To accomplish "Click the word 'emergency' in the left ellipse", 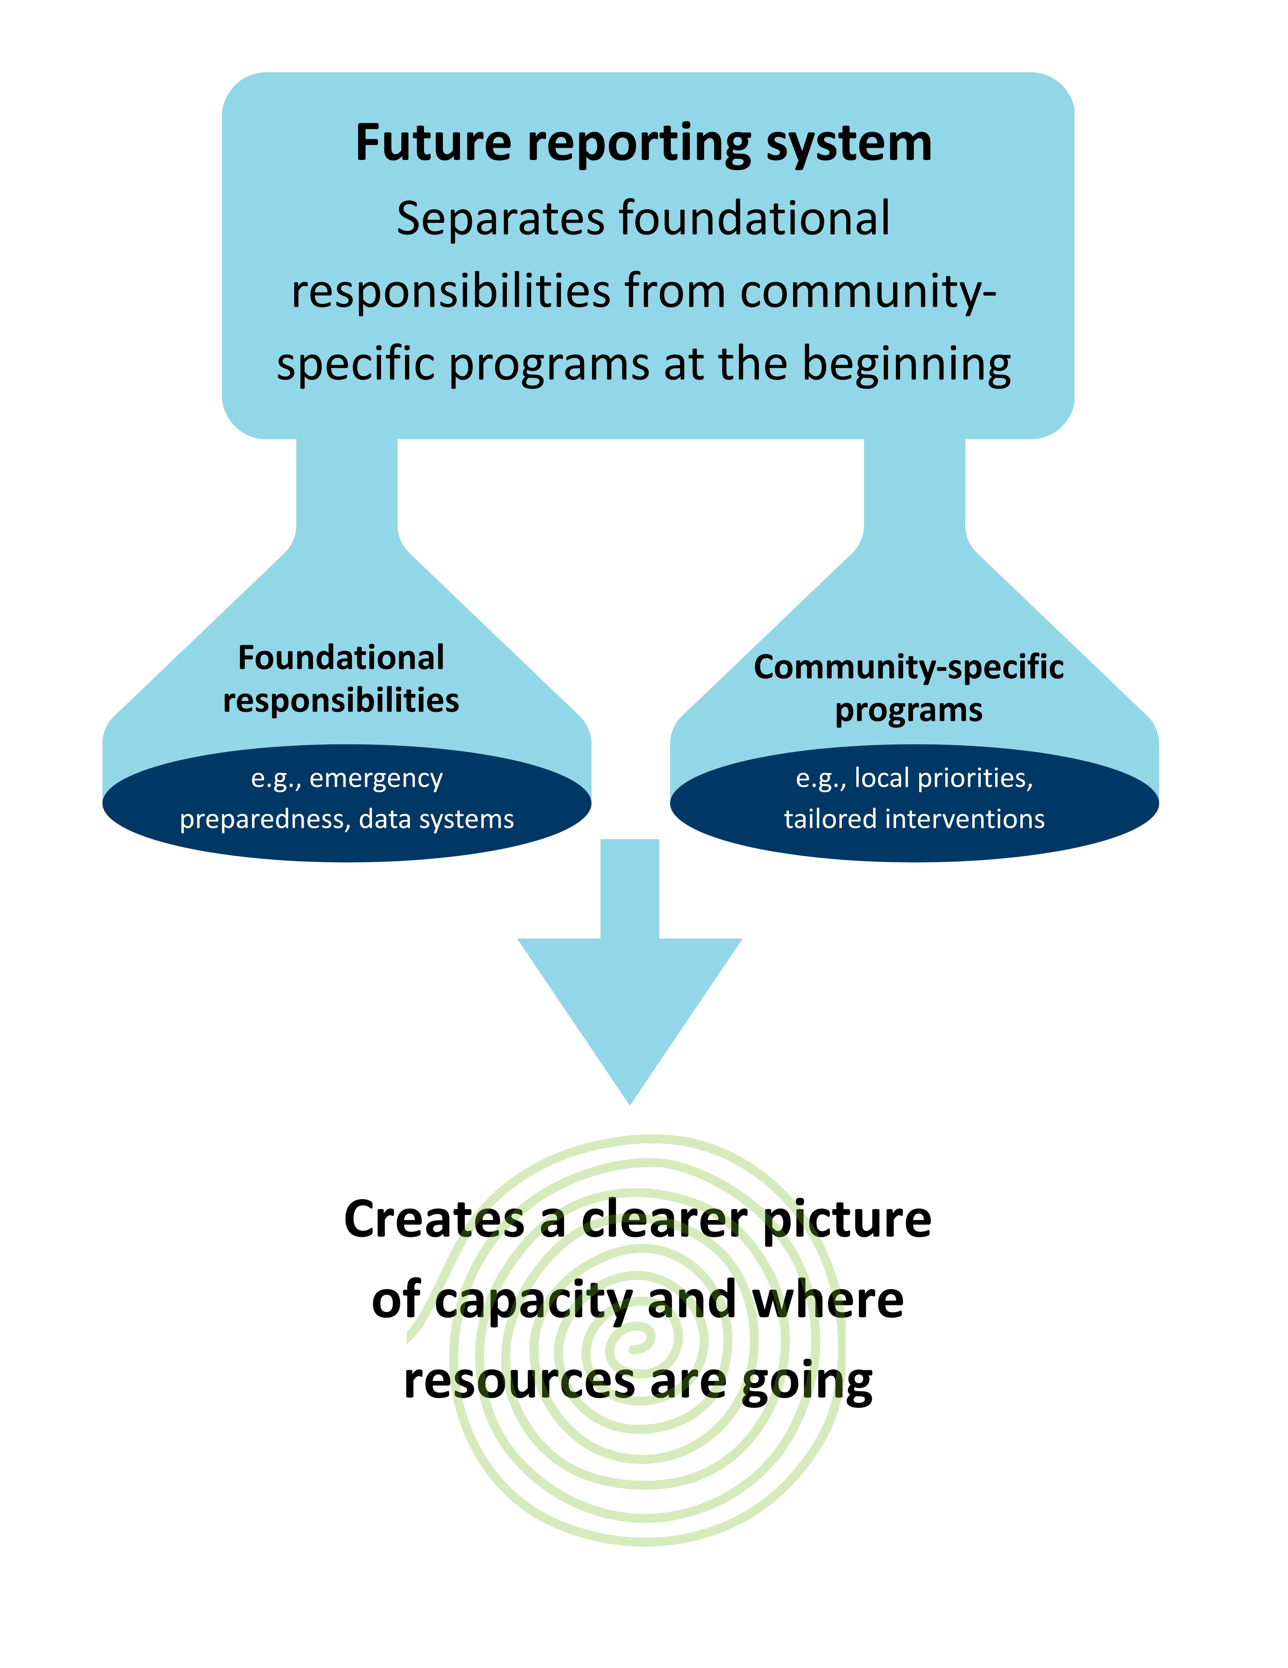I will [376, 778].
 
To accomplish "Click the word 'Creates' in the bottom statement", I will [434, 1220].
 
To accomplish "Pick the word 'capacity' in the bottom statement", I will [535, 1302].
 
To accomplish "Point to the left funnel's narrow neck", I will [347, 489].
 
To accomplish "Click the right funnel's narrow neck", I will [914, 489].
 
